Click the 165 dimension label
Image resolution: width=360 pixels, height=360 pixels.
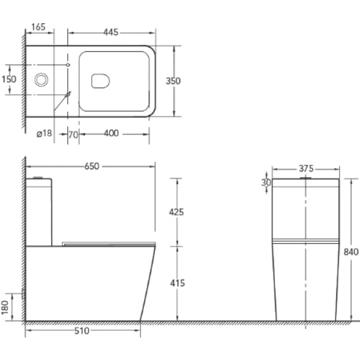[x=38, y=27]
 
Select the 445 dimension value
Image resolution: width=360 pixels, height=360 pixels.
[x=110, y=32]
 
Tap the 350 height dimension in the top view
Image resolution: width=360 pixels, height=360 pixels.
[x=173, y=81]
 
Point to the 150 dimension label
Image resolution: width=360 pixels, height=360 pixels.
[x=9, y=79]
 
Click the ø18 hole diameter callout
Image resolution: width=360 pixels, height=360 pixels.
[x=44, y=133]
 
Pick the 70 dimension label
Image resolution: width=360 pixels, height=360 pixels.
[x=73, y=135]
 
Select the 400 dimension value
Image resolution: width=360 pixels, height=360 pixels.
[x=112, y=133]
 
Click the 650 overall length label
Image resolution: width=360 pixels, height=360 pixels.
[x=92, y=166]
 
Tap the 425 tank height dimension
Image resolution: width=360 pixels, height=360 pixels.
[x=176, y=212]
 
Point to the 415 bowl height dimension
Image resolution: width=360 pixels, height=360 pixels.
[x=178, y=283]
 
